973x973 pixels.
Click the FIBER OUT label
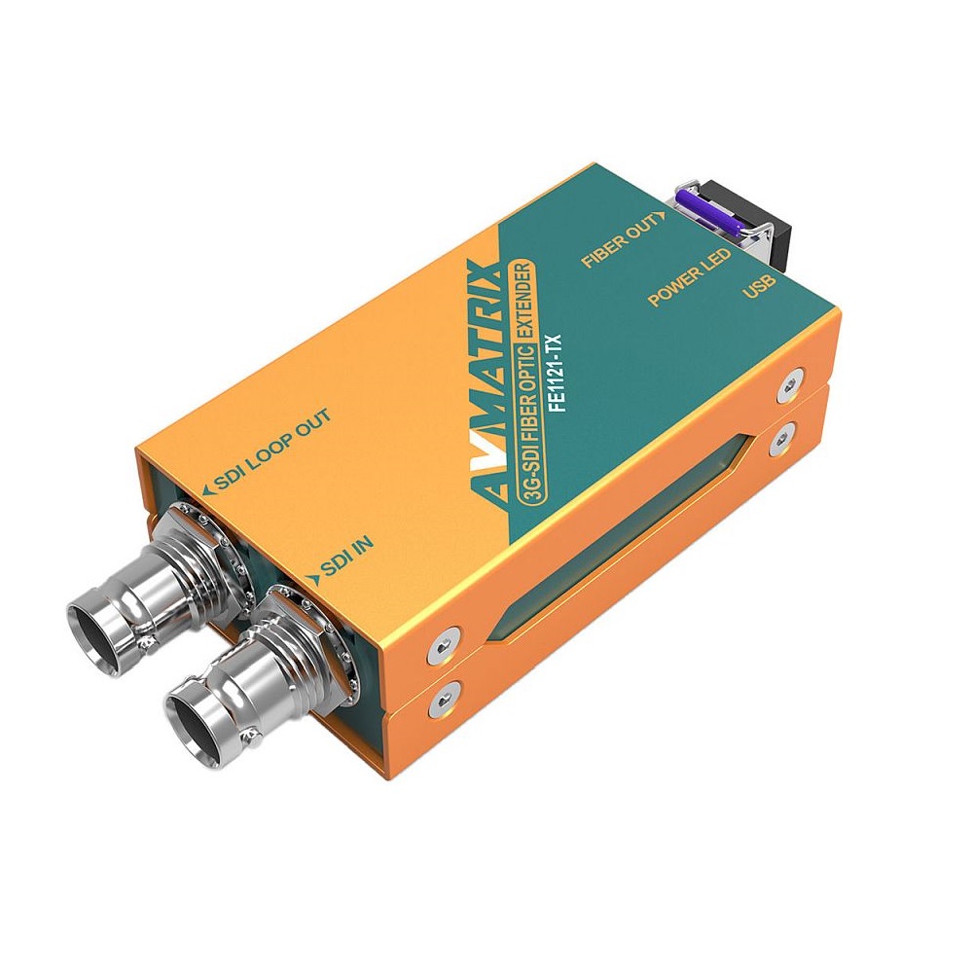[x=623, y=239]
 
